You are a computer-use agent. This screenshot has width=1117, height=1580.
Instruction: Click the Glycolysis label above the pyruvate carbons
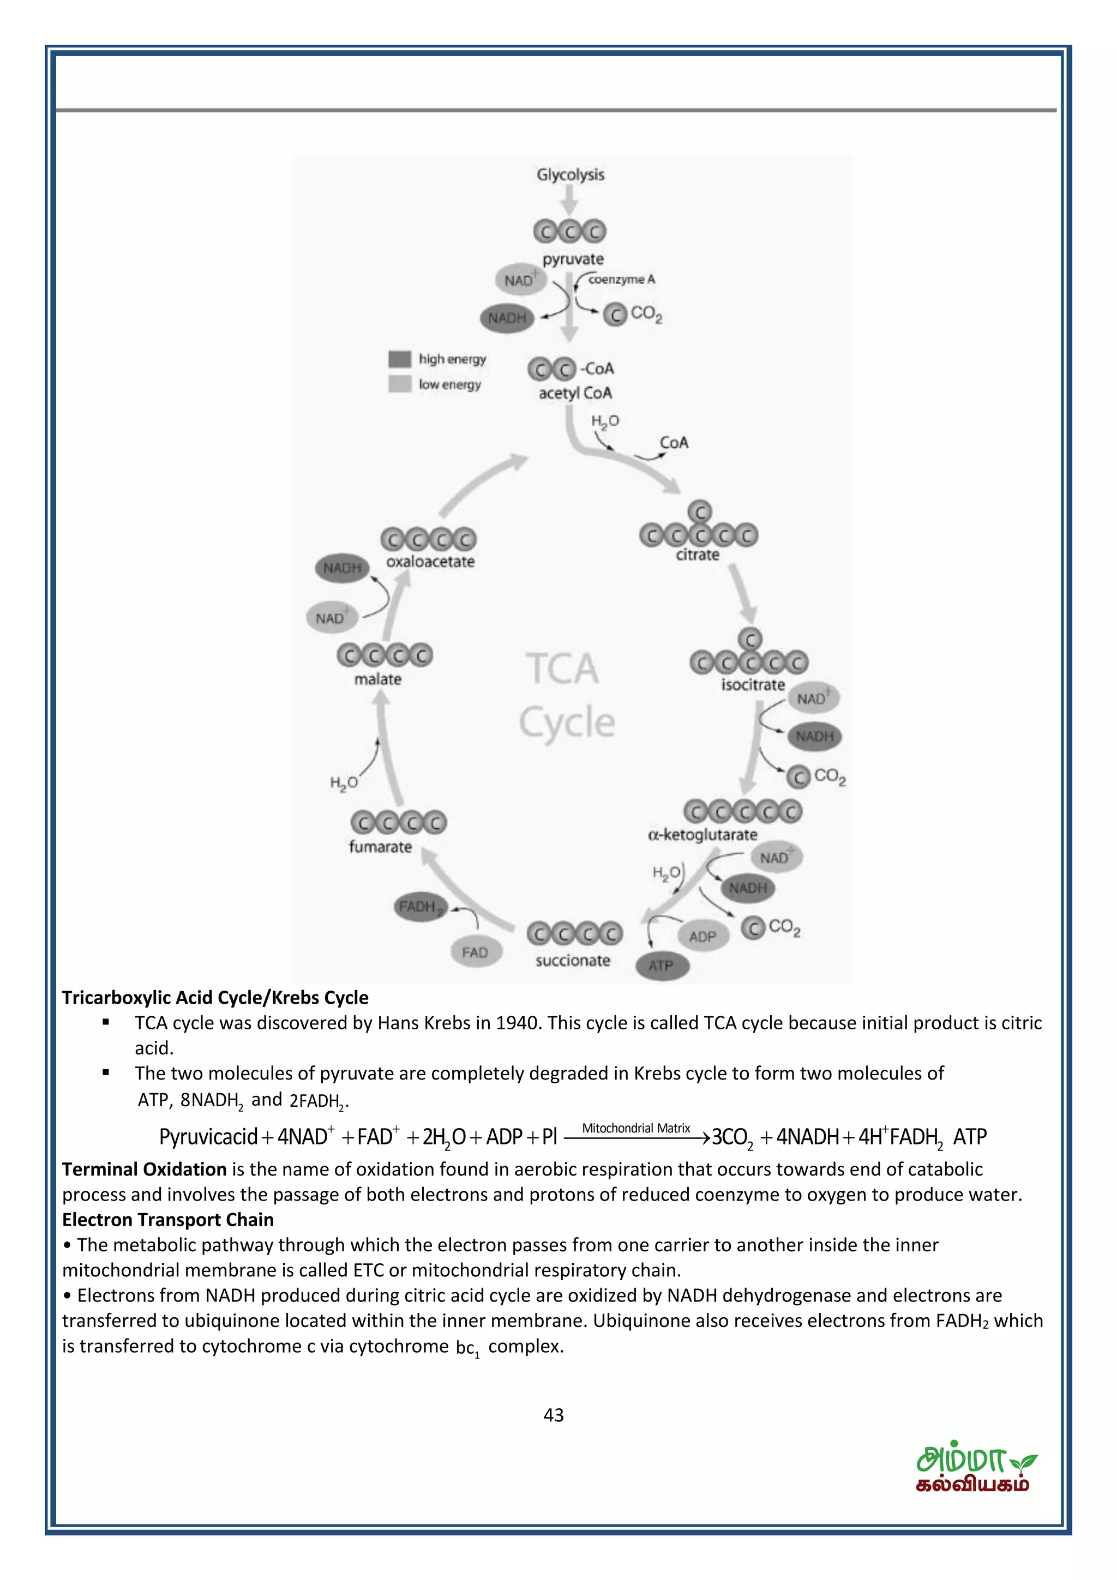[x=570, y=175]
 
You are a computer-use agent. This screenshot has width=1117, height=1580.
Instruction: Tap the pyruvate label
[x=573, y=260]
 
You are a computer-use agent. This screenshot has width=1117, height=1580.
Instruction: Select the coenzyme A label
[x=621, y=279]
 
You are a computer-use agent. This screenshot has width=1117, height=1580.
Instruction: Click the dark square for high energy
[x=400, y=359]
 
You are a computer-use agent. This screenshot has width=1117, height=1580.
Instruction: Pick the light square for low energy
[x=400, y=384]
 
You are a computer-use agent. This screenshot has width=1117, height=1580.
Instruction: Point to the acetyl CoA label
[x=575, y=393]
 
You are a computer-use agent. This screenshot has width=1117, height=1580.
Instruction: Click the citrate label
[x=696, y=554]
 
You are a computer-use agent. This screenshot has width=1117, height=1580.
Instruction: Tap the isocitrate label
[x=752, y=685]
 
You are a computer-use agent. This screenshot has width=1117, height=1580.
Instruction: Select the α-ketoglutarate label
[x=702, y=835]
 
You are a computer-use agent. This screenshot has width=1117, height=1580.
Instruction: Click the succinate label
[x=573, y=960]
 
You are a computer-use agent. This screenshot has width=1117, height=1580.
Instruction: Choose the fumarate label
[x=380, y=846]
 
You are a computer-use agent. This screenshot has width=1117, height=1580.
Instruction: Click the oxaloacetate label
[x=430, y=562]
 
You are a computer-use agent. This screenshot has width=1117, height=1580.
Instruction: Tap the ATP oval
[x=660, y=966]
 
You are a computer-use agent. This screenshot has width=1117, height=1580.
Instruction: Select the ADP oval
[x=702, y=937]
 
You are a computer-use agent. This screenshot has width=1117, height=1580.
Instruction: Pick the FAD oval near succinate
[x=475, y=952]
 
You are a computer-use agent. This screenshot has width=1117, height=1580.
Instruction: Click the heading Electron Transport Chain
[x=168, y=1220]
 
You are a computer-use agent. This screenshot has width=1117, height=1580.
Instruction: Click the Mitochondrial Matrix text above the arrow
[x=635, y=1128]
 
